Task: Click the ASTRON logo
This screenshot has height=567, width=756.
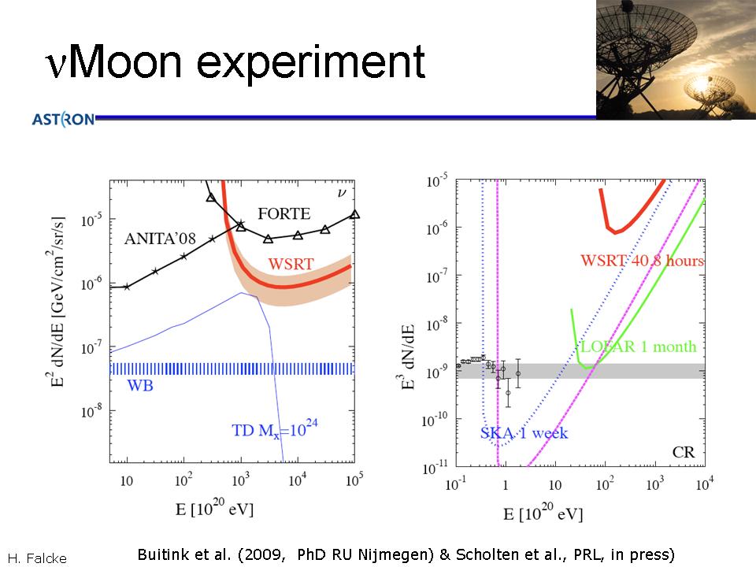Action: (x=63, y=120)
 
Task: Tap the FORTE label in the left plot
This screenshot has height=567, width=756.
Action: (x=283, y=213)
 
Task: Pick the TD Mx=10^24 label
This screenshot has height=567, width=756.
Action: (x=279, y=430)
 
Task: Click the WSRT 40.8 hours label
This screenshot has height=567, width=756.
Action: (x=642, y=261)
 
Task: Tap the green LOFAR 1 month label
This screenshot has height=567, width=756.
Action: (x=638, y=347)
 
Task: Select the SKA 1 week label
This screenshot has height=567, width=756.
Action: (x=524, y=433)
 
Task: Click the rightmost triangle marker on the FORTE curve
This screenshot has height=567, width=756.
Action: (x=354, y=213)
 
